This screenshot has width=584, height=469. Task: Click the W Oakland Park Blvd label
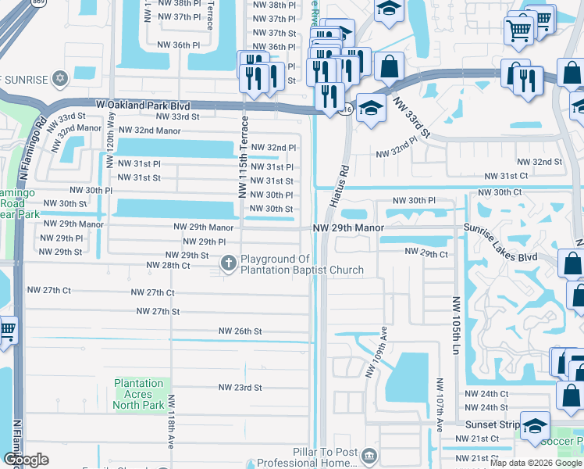click(x=143, y=104)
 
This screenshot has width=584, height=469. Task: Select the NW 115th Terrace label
click(x=244, y=156)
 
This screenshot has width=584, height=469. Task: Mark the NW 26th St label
click(x=240, y=331)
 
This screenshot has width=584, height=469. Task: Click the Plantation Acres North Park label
click(x=139, y=394)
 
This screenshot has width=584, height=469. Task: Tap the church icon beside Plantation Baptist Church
click(x=229, y=263)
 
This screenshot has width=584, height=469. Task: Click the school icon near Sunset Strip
click(x=536, y=426)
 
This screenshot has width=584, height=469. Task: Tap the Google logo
click(x=26, y=460)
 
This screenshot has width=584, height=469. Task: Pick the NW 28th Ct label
click(x=168, y=266)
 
